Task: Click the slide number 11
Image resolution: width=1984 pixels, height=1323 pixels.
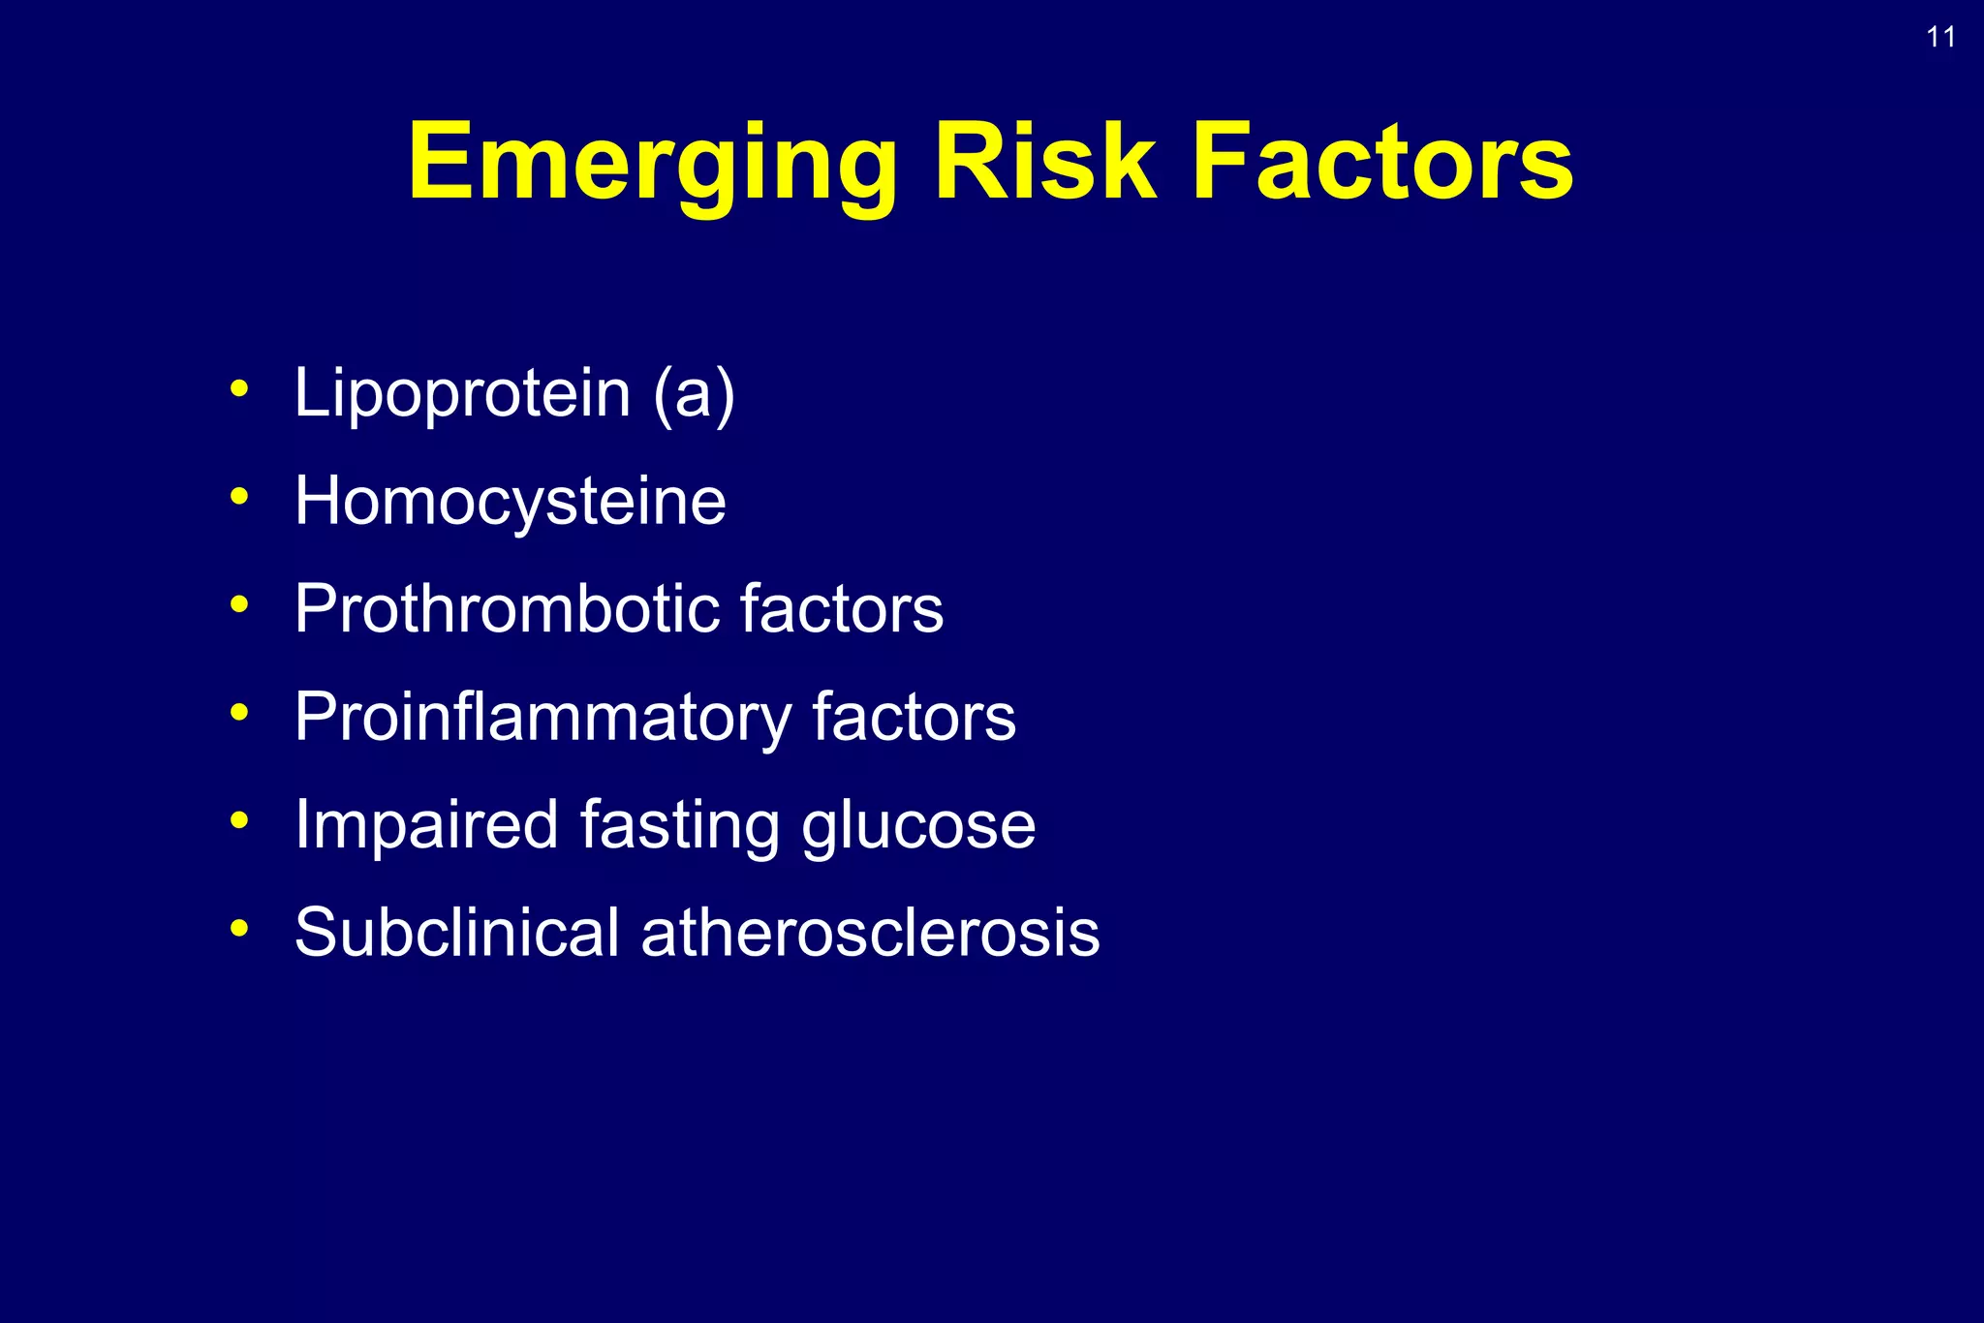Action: pos(1940,38)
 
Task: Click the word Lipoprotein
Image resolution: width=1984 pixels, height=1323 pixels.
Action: pos(462,393)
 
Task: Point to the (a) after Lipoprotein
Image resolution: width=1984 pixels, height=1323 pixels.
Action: pos(694,393)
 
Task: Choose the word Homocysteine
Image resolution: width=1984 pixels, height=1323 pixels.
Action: pos(510,502)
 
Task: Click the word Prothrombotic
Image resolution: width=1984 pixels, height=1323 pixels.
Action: pos(506,609)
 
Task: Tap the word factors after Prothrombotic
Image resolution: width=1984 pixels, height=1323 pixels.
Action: pos(841,609)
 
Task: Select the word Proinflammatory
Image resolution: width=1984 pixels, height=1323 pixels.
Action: pos(542,718)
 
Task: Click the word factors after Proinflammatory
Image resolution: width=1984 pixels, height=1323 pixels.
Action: pos(914,718)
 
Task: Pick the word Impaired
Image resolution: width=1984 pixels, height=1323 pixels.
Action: pos(426,825)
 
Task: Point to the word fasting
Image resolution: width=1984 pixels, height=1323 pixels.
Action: pos(679,825)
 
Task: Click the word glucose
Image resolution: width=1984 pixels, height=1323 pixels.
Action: pos(918,825)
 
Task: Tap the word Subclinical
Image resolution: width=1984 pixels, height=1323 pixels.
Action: pos(456,933)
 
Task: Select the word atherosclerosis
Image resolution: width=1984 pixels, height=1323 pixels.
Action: pos(870,933)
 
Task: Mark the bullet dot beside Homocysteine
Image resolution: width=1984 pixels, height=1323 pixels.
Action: pos(239,497)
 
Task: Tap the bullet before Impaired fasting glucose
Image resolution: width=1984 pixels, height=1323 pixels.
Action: pos(239,820)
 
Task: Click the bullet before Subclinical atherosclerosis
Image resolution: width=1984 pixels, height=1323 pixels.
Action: pos(239,928)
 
